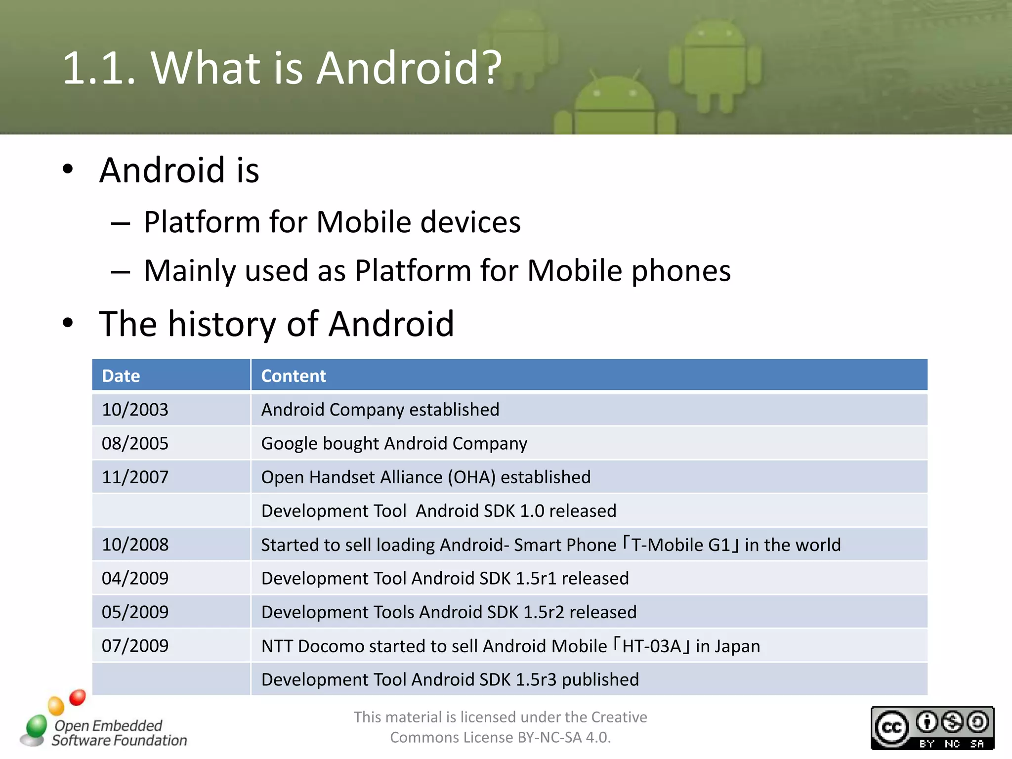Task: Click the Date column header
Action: (x=121, y=376)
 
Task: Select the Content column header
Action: (x=293, y=376)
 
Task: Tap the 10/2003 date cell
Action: (x=135, y=410)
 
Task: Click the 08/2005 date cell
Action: (x=135, y=443)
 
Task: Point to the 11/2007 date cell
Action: (x=135, y=477)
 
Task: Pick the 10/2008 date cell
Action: (x=135, y=545)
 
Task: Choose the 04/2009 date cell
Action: (x=135, y=578)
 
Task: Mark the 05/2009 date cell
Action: (x=135, y=612)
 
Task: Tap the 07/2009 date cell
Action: (x=135, y=646)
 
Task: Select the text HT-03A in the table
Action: (x=651, y=646)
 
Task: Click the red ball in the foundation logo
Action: (x=78, y=697)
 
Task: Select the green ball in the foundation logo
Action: (x=36, y=726)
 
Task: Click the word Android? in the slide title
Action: (x=409, y=68)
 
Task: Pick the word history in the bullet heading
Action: (x=222, y=324)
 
